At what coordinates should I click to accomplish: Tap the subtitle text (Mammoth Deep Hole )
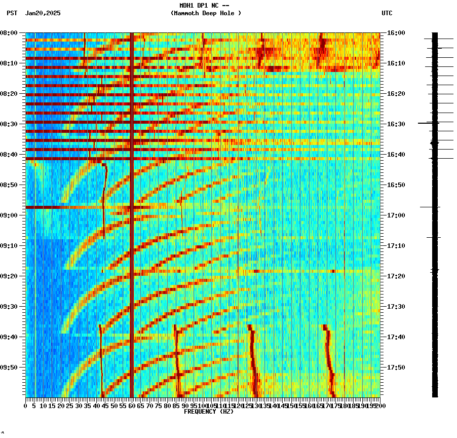206,13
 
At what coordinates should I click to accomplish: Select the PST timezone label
12,13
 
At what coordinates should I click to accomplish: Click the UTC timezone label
387,13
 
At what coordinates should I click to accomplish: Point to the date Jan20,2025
43,13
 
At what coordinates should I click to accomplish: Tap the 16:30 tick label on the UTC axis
396,124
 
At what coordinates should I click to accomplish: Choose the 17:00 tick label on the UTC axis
396,215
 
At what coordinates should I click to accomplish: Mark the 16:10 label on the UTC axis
396,63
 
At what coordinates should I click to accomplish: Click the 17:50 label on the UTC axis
396,368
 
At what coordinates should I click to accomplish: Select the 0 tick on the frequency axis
26,406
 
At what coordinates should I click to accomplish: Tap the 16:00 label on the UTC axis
396,33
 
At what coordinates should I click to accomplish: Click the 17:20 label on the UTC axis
396,276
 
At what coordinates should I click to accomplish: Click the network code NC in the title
215,6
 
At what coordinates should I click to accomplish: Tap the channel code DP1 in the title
202,6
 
